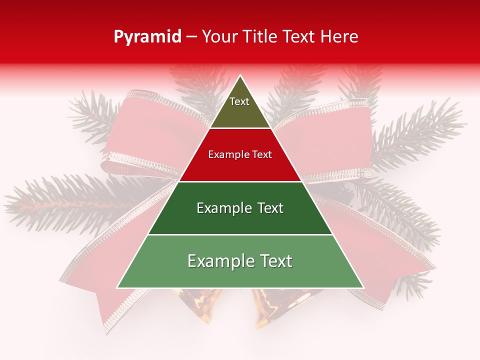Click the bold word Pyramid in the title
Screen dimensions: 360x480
[x=147, y=36]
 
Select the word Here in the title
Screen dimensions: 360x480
[x=340, y=36]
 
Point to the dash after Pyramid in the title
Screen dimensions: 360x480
[x=191, y=37]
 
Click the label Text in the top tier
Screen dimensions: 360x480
[x=239, y=101]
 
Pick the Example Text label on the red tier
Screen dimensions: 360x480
[x=240, y=154]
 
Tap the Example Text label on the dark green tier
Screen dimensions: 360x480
[x=240, y=208]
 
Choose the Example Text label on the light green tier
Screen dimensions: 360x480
[x=240, y=261]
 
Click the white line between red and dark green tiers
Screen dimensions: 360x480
[x=240, y=181]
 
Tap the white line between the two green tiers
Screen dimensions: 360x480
[x=240, y=234]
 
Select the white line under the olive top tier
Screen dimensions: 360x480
[x=240, y=128]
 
